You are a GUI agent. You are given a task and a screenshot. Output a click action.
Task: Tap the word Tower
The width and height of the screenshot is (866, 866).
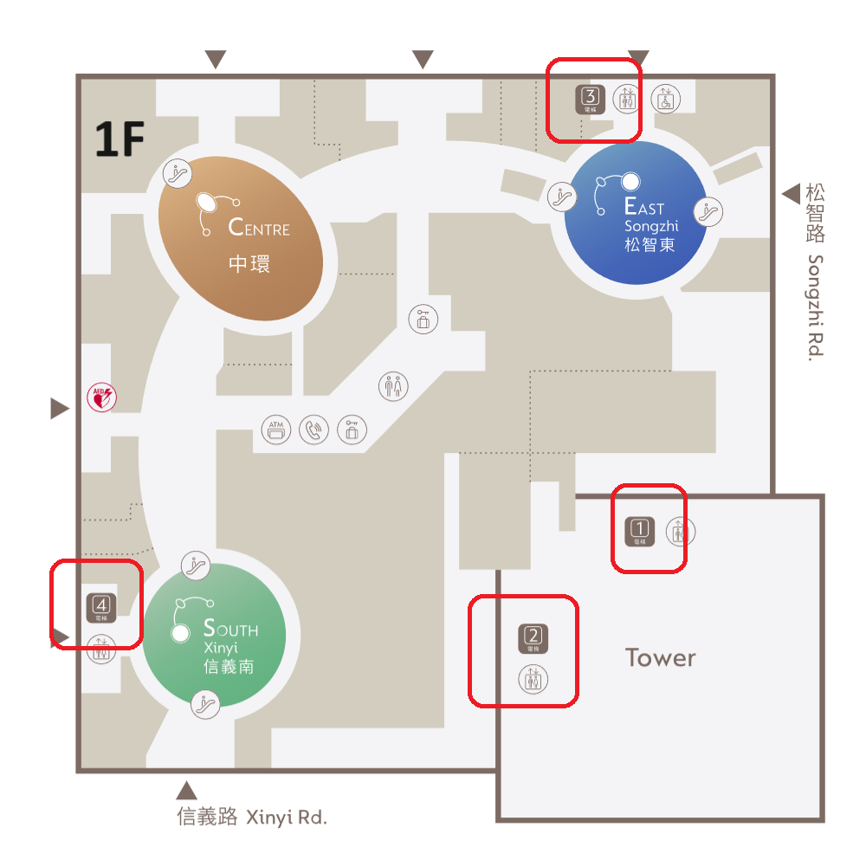pyautogui.click(x=661, y=657)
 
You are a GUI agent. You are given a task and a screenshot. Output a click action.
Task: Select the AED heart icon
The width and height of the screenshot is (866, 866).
pyautogui.click(x=102, y=398)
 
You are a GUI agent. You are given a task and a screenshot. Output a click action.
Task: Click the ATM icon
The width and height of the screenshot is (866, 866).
pyautogui.click(x=277, y=429)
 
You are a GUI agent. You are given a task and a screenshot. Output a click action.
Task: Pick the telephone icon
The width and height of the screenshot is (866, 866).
pyautogui.click(x=314, y=430)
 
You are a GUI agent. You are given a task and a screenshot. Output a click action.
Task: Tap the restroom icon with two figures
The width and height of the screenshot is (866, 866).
pyautogui.click(x=394, y=385)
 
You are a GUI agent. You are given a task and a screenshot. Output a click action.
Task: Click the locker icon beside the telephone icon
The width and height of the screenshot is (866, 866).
pyautogui.click(x=352, y=430)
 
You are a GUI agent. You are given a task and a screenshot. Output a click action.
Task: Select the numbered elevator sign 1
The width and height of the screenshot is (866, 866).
pyautogui.click(x=640, y=530)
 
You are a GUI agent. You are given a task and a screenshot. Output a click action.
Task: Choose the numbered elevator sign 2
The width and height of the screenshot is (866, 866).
pyautogui.click(x=533, y=638)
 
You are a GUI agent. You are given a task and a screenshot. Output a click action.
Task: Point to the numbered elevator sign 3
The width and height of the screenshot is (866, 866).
pyautogui.click(x=591, y=99)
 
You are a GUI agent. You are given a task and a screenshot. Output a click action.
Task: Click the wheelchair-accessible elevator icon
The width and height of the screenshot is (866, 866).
pyautogui.click(x=665, y=99)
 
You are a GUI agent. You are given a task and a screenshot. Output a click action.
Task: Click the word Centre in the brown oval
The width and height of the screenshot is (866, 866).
pyautogui.click(x=259, y=228)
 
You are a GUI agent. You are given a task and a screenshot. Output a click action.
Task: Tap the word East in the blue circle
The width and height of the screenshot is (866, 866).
pyautogui.click(x=644, y=207)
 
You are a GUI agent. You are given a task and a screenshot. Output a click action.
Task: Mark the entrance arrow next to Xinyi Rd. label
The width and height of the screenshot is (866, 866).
pyautogui.click(x=186, y=790)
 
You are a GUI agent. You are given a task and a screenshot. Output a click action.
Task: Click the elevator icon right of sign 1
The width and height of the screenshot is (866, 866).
pyautogui.click(x=681, y=531)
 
